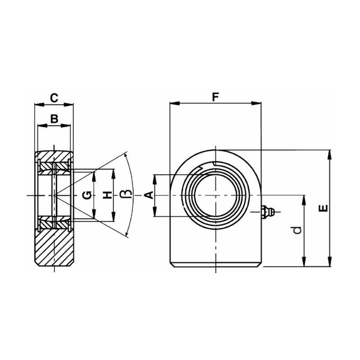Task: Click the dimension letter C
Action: click(x=54, y=98)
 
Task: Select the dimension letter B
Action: click(x=54, y=119)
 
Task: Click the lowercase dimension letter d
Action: click(x=296, y=230)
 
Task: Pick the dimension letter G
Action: click(x=88, y=195)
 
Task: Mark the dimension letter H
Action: click(x=107, y=195)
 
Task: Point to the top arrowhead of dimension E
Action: click(x=331, y=153)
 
